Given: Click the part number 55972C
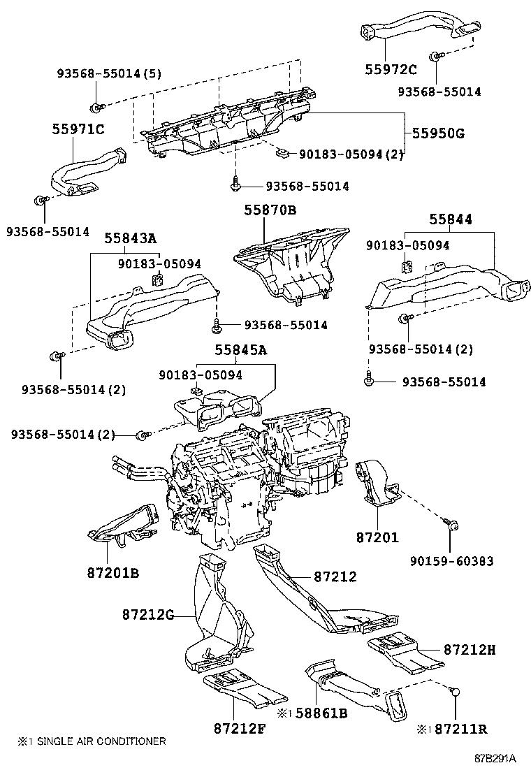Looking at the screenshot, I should tap(391, 68).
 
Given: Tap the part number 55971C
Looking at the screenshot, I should tap(78, 129).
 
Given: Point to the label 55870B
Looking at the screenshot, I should tap(270, 210).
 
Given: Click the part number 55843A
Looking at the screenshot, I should tap(131, 238).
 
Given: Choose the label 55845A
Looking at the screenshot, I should tap(241, 350).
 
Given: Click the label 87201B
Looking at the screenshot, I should tap(112, 573).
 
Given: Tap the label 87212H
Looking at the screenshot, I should tap(470, 649).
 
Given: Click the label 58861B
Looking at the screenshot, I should tap(322, 713).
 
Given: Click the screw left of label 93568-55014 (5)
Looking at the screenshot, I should tap(94, 107).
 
